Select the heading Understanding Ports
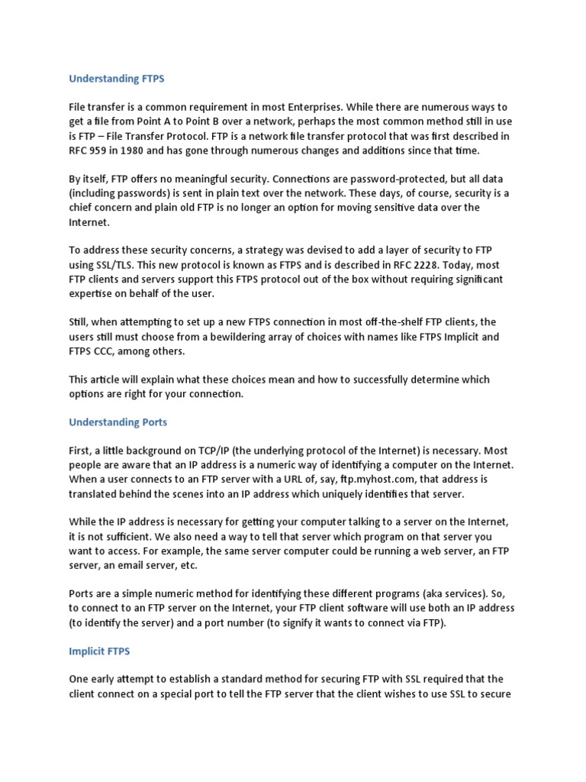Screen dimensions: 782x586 pos(118,422)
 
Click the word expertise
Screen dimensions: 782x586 pos(94,293)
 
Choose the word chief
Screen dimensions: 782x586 pos(82,208)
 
